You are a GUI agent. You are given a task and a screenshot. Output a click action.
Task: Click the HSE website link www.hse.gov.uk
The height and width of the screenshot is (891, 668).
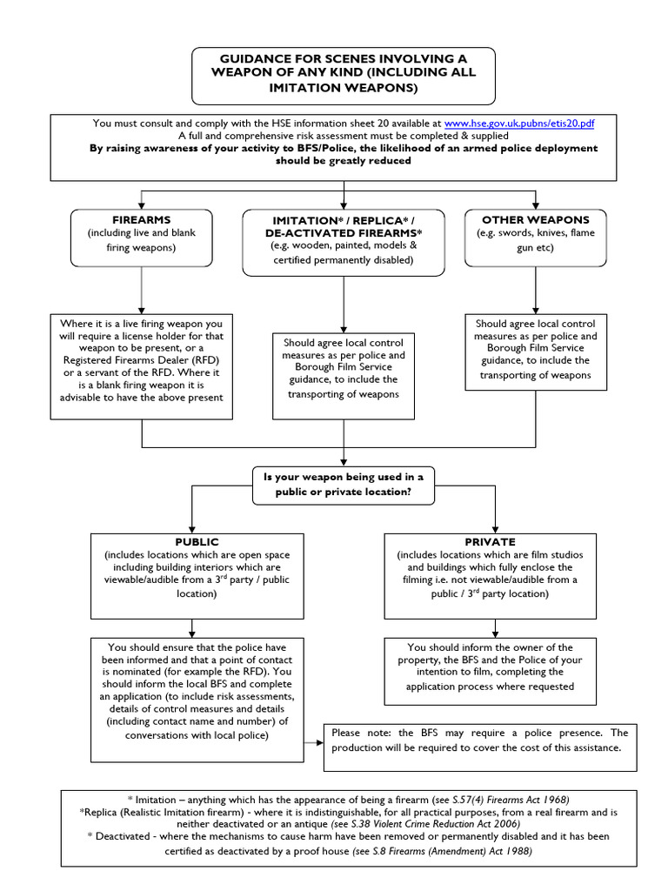(519, 124)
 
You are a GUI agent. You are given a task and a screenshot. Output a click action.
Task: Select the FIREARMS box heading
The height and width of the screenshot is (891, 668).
(141, 220)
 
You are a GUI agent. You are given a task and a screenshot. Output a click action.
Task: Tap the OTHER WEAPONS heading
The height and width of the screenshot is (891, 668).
(535, 220)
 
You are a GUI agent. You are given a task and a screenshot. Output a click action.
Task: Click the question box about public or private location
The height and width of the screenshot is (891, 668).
(344, 484)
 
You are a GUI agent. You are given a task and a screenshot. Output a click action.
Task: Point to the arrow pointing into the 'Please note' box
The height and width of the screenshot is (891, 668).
(313, 740)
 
